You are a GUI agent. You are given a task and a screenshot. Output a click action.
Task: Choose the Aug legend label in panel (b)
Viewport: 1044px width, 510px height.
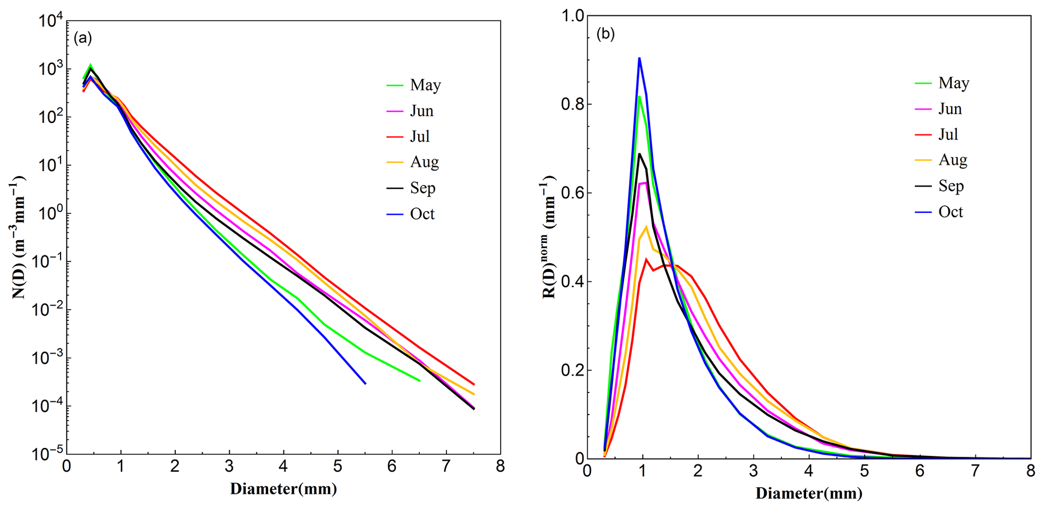point(953,160)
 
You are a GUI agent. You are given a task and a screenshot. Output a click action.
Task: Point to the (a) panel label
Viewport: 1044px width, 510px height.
point(83,38)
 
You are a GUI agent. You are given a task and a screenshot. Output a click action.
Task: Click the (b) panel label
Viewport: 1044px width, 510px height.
point(606,34)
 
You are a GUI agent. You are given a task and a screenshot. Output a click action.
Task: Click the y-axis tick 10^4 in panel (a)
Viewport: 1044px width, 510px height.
point(50,21)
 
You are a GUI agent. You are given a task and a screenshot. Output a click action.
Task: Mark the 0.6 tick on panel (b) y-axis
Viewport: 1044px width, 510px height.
point(572,193)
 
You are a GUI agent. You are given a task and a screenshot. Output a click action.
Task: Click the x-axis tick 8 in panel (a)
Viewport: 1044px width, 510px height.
point(500,467)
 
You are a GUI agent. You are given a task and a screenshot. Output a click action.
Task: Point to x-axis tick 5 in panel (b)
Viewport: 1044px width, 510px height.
point(864,471)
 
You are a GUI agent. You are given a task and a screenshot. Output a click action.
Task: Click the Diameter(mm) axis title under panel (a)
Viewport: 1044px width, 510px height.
point(283,489)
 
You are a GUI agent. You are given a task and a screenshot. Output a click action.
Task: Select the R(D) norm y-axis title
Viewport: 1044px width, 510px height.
point(550,237)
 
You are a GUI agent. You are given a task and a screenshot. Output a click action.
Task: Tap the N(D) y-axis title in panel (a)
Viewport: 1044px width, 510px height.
point(19,237)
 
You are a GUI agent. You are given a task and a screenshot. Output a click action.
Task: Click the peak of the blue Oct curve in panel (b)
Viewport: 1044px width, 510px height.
point(639,58)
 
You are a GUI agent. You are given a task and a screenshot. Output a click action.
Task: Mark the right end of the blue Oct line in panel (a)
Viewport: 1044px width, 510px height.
point(365,384)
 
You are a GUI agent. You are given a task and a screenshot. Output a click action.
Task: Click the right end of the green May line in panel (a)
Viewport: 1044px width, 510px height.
point(420,381)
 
